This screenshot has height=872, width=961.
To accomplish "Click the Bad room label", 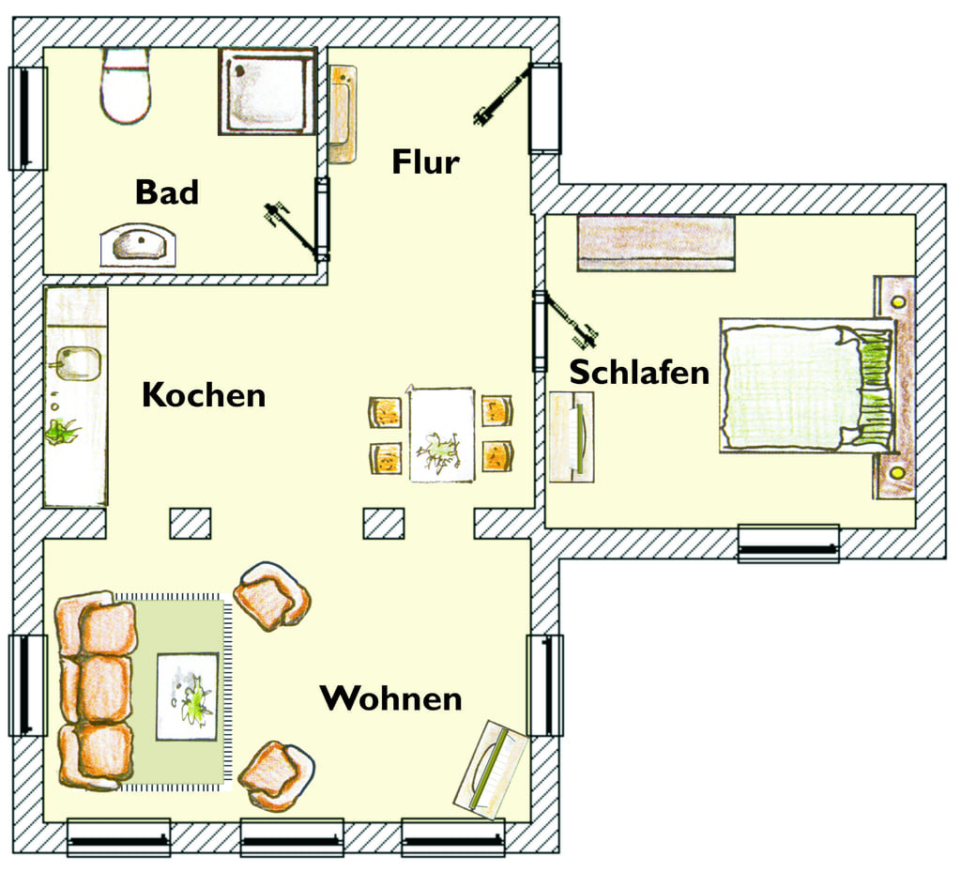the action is pos(167,191).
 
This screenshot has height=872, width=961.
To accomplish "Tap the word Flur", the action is pos(425,161).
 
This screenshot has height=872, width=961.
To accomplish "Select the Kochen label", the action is pos(204,394).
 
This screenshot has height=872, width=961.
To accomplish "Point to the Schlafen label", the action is pos(639,372).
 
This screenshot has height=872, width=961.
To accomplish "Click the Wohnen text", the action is pos(391,698).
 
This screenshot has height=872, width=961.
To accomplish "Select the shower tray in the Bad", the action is pos(267,91).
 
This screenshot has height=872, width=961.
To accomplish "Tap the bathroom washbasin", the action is pos(139,245).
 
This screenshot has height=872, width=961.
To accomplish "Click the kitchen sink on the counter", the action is pos(78,363).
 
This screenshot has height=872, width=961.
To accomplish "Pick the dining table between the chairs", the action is pos(442,435).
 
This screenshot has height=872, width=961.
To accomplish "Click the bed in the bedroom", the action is pos(807,386).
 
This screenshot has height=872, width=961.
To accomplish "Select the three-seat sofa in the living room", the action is pos(96,690).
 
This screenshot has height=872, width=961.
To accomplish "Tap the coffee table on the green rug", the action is pos(188,696).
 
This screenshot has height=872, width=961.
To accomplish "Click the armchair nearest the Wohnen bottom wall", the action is pos(276,775).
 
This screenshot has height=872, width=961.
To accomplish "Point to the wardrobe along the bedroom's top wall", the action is pos(656,243).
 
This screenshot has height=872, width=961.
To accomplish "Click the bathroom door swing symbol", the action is pos(293,229).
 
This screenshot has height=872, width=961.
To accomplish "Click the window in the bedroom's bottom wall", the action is pos(788,543).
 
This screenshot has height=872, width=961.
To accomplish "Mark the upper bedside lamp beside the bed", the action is pos(898,302).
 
